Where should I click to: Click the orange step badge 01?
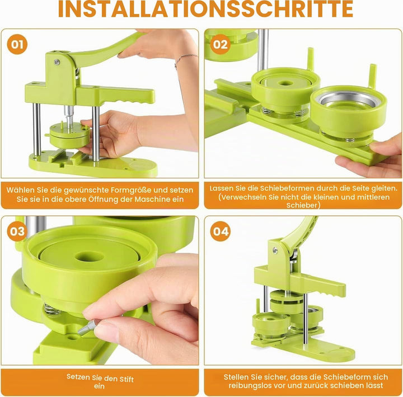17,44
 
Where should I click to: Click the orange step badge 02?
221,44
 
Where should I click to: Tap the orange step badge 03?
17,231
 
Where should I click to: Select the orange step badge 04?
221,231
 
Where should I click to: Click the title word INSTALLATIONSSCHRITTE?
205,9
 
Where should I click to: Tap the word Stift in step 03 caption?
126,379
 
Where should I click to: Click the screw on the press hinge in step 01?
57,62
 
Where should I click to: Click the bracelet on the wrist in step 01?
185,59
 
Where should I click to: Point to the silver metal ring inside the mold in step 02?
345,101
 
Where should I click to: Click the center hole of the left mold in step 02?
284,83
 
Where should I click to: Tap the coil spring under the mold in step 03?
52,309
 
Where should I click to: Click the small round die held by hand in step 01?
69,134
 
